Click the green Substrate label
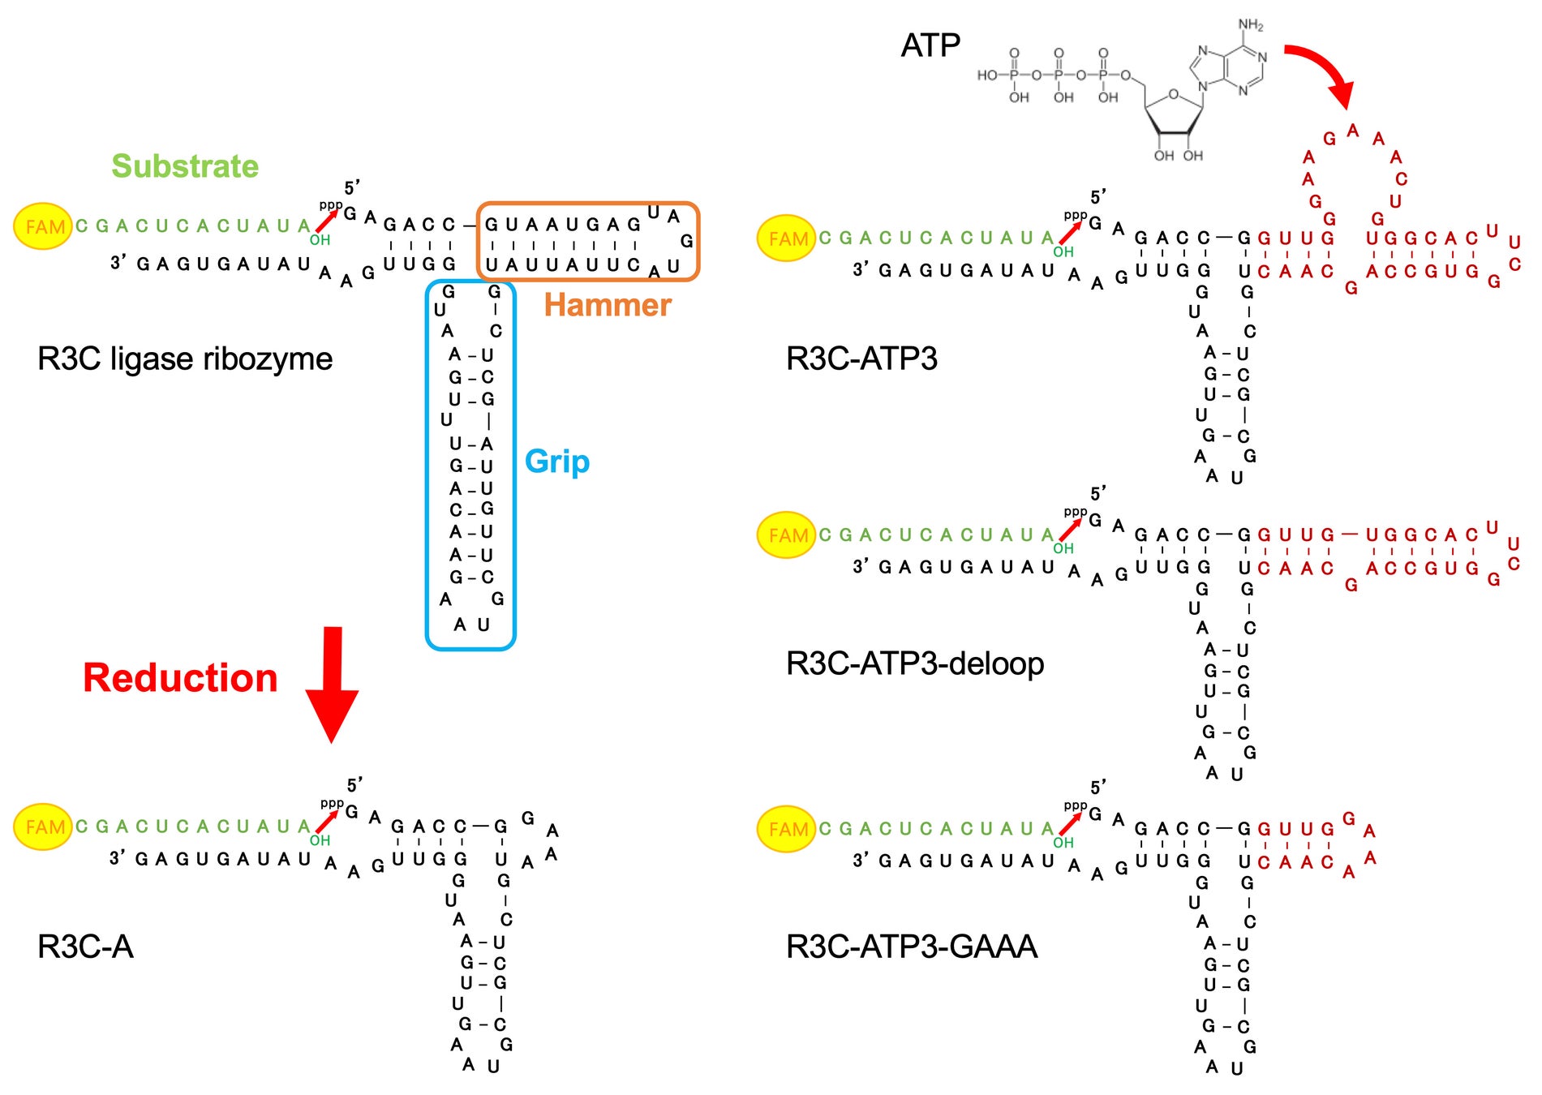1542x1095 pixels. coord(185,166)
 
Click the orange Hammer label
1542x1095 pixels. coord(608,305)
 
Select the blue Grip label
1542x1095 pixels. coord(557,462)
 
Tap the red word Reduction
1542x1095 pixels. coord(180,678)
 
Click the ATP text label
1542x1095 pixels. coord(930,45)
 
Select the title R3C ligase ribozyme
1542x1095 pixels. coord(185,359)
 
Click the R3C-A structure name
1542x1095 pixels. coord(85,947)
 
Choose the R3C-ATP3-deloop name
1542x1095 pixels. coord(915,663)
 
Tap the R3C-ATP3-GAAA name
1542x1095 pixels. coord(912,947)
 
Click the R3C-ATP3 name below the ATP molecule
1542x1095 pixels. coord(861,359)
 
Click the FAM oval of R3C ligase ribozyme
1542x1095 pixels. coord(44,226)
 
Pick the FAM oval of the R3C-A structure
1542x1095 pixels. coord(44,827)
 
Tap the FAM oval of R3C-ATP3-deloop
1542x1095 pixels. coord(787,535)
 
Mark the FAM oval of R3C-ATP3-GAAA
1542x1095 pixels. coord(787,829)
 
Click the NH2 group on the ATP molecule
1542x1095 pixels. coord(1251,25)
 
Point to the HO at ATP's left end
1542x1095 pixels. coord(987,75)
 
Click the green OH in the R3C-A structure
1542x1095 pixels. coord(320,840)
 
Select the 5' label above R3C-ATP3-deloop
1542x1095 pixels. coord(1098,493)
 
